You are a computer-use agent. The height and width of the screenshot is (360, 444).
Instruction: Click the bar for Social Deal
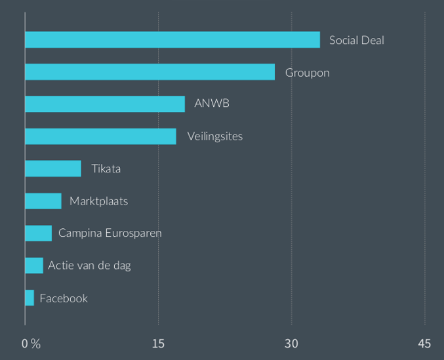pyautogui.click(x=172, y=40)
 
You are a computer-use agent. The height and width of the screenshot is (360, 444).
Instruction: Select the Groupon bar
pyautogui.click(x=150, y=72)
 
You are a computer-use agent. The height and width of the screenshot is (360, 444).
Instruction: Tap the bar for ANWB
pyautogui.click(x=105, y=104)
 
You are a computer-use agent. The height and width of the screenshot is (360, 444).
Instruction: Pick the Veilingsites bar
pyautogui.click(x=100, y=136)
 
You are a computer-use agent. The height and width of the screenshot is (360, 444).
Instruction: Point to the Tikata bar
pyautogui.click(x=53, y=169)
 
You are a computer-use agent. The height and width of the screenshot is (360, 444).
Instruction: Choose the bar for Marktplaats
pyautogui.click(x=43, y=201)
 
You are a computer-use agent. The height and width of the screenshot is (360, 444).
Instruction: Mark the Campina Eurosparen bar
pyautogui.click(x=38, y=233)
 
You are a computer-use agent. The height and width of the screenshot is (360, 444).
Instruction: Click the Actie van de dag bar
pyautogui.click(x=34, y=266)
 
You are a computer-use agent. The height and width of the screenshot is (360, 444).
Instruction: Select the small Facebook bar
pyautogui.click(x=30, y=298)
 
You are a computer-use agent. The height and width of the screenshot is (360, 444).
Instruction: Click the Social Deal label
pyautogui.click(x=356, y=40)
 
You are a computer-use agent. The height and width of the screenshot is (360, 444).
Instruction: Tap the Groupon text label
pyautogui.click(x=307, y=72)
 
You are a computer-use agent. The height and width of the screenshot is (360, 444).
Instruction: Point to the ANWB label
pyautogui.click(x=211, y=104)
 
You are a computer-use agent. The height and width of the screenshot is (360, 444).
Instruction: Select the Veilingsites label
pyautogui.click(x=214, y=136)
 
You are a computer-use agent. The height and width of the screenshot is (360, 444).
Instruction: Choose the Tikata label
pyautogui.click(x=106, y=169)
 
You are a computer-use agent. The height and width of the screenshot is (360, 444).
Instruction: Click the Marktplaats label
pyautogui.click(x=98, y=201)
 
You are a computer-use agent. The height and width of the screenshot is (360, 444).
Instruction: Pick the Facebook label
pyautogui.click(x=64, y=298)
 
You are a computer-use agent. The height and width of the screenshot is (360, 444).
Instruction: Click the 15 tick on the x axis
pyautogui.click(x=158, y=344)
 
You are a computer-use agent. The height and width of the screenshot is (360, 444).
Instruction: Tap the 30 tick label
pyautogui.click(x=291, y=344)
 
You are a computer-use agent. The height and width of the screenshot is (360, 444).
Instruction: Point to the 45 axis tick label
pyautogui.click(x=424, y=344)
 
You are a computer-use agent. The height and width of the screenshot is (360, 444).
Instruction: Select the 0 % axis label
pyautogui.click(x=31, y=344)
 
